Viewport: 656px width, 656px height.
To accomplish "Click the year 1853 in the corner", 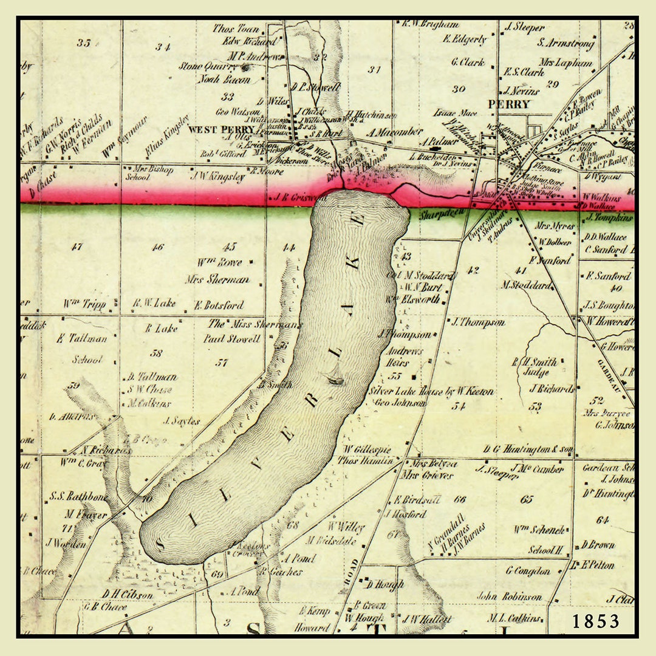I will [595, 621].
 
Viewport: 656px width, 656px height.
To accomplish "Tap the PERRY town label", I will [509, 104].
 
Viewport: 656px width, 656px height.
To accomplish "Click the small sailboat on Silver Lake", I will [335, 377].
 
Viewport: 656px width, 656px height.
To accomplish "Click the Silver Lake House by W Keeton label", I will [431, 392].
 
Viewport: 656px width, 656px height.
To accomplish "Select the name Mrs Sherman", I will [217, 279].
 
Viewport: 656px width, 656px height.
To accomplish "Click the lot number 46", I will [158, 247].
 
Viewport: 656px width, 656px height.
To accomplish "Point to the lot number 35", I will [84, 43].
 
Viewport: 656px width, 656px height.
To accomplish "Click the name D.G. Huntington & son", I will [528, 449].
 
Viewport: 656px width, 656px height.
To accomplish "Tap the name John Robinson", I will [509, 596].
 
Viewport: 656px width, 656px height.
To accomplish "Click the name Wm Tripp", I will [84, 304].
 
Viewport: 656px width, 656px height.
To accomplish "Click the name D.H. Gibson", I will [128, 595].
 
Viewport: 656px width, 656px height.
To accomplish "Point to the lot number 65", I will [526, 499].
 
